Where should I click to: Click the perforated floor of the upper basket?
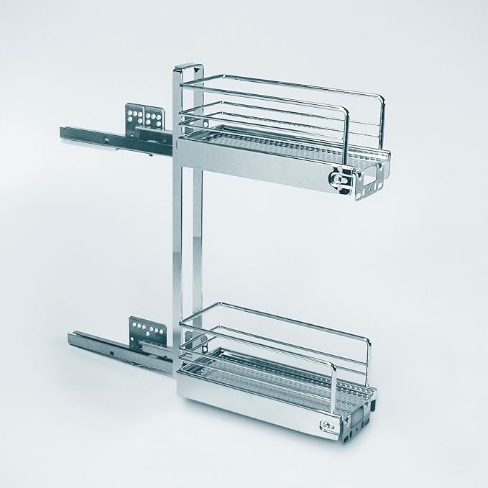pyautogui.click(x=287, y=144)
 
